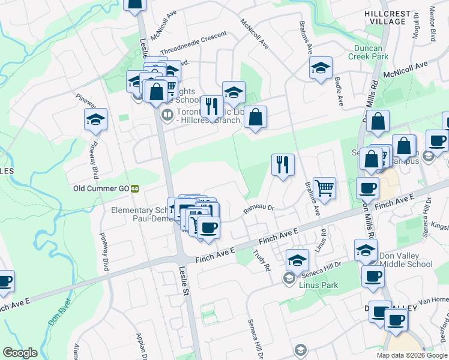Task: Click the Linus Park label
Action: coord(318,286)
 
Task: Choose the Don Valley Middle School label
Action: coord(406,264)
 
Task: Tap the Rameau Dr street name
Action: coord(258,209)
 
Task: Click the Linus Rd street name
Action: coord(322,239)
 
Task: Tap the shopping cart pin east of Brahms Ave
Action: coord(324,187)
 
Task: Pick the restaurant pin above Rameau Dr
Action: coord(283,164)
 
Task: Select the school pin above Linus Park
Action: coord(297,259)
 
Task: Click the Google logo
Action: coord(20,353)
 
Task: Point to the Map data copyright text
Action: coord(412,355)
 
